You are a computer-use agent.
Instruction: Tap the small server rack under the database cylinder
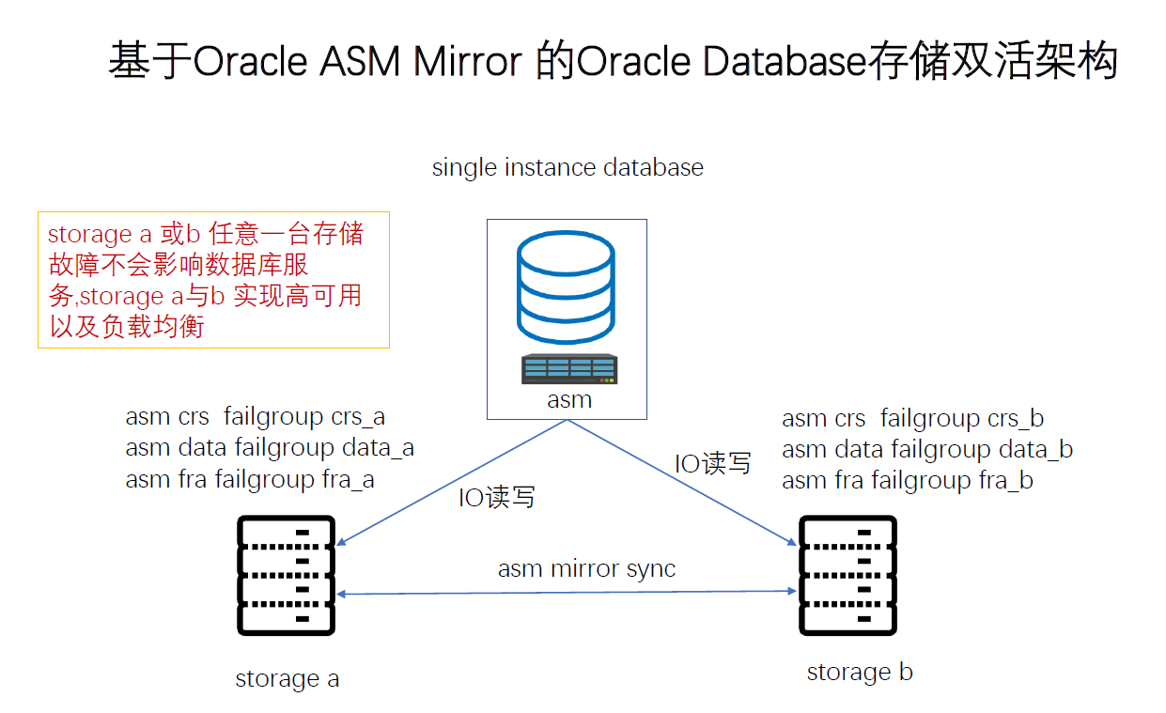[569, 369]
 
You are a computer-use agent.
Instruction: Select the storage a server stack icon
[287, 576]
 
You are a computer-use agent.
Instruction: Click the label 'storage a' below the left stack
[287, 678]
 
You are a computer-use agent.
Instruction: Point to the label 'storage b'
[860, 673]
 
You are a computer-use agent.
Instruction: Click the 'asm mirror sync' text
[586, 569]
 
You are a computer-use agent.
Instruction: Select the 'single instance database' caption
[567, 168]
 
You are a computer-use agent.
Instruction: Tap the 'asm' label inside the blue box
[569, 399]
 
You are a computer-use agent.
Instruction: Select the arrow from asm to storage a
[451, 482]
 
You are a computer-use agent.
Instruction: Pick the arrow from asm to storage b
[681, 482]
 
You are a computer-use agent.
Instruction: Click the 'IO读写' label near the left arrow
[496, 497]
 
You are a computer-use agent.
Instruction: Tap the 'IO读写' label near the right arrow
[713, 463]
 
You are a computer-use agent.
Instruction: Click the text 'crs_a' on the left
[358, 417]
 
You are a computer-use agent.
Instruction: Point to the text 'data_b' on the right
[1036, 449]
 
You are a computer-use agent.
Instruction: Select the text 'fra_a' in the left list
[348, 480]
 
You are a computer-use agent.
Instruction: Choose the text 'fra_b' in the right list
[1005, 481]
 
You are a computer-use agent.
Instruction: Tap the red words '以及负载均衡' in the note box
[127, 326]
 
